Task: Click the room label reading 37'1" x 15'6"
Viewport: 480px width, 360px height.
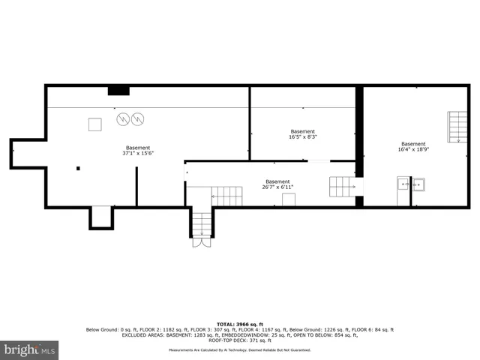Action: (x=137, y=151)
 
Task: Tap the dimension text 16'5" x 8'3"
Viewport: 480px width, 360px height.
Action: (x=302, y=134)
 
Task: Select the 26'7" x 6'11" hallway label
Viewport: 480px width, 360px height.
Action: (x=277, y=184)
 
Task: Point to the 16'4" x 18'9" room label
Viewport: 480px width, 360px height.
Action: (x=412, y=147)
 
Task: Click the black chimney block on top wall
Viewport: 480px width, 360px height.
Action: (x=118, y=91)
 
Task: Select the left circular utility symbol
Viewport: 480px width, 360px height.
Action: (x=122, y=118)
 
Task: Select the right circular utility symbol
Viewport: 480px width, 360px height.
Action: (x=138, y=118)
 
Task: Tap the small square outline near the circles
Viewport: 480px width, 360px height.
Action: (x=95, y=124)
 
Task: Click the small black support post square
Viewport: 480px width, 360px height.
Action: (x=78, y=169)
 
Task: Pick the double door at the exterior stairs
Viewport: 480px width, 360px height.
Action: (x=200, y=242)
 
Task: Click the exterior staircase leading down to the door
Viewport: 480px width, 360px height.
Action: (x=201, y=223)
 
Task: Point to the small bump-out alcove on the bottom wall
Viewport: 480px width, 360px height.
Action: (x=100, y=217)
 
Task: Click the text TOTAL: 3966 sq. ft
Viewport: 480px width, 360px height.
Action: (x=239, y=322)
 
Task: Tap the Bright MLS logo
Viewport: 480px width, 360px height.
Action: (x=30, y=349)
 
